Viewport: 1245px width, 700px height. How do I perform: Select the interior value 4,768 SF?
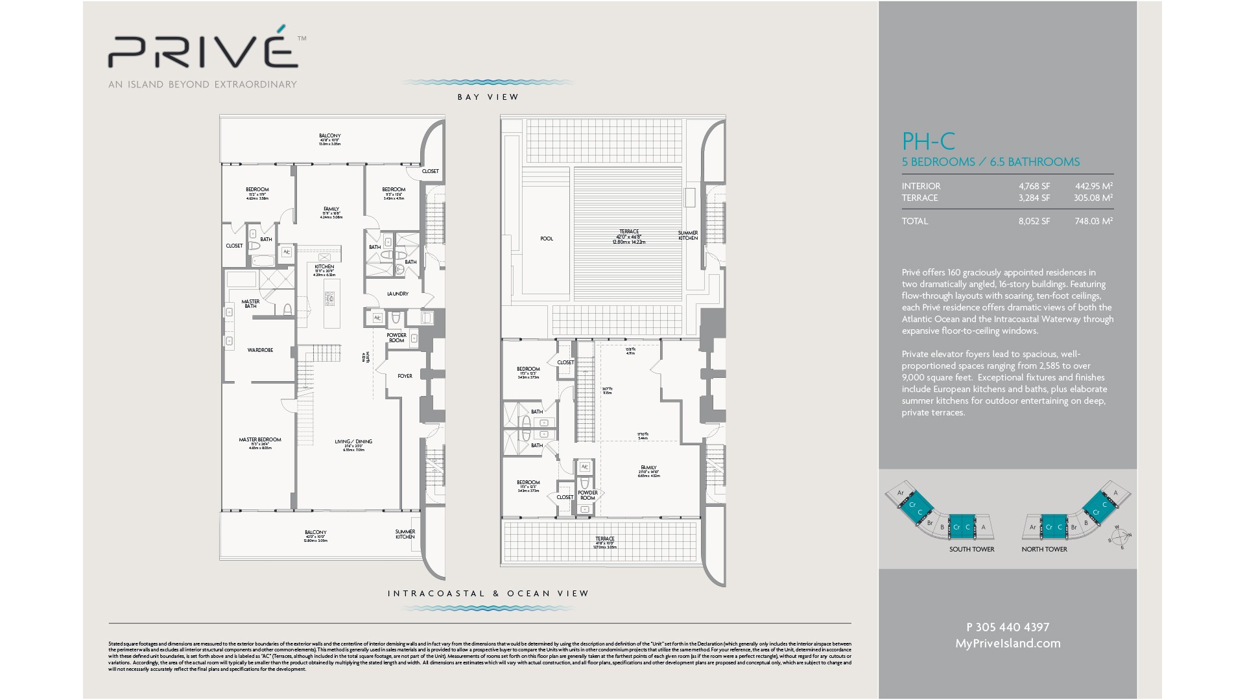click(1034, 186)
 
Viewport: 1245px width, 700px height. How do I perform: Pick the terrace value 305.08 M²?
click(1093, 198)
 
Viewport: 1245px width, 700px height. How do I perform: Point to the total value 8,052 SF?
click(1034, 221)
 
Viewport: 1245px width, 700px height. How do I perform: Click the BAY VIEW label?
click(488, 97)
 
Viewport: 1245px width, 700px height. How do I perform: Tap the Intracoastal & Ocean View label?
click(488, 593)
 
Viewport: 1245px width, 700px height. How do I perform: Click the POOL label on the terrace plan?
click(547, 239)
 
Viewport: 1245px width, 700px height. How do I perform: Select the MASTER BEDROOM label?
click(260, 439)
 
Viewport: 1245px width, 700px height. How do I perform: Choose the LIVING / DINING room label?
click(353, 441)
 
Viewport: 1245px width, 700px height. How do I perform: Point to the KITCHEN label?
click(324, 266)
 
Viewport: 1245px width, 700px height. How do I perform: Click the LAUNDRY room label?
click(397, 294)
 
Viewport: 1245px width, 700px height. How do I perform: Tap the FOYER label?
click(405, 376)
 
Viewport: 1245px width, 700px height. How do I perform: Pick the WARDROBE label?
click(260, 350)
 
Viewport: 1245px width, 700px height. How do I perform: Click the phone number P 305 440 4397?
click(1008, 627)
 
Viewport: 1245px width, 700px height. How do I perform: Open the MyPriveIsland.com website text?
click(1008, 643)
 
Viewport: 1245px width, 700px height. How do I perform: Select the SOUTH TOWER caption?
click(971, 549)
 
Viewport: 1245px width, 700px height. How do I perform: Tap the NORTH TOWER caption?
click(1044, 549)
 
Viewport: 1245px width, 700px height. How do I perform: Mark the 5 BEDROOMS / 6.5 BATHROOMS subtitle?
click(990, 162)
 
